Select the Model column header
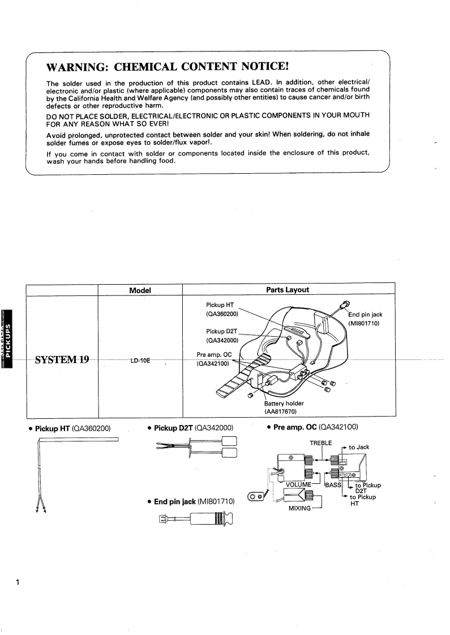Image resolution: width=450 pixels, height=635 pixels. pyautogui.click(x=140, y=289)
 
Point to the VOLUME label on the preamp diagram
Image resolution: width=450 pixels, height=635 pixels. pyautogui.click(x=299, y=485)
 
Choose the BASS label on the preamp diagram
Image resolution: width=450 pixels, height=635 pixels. pyautogui.click(x=333, y=485)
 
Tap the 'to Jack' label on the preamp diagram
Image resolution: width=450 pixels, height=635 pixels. pyautogui.click(x=359, y=447)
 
